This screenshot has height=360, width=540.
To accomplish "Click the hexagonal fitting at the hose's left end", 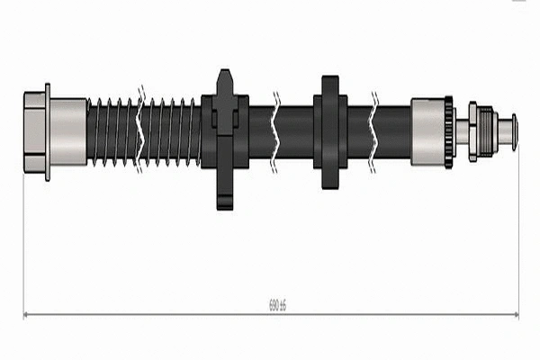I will click(33, 131).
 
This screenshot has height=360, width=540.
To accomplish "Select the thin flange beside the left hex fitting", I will click(48, 131).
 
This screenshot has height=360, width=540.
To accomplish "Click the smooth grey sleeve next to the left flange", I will click(68, 131).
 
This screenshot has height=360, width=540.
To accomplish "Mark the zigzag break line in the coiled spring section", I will click(141, 131).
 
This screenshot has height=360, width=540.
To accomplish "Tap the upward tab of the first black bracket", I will click(225, 82).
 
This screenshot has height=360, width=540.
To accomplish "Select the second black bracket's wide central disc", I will click(330, 131).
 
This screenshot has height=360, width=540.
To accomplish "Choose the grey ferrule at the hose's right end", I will click(427, 131).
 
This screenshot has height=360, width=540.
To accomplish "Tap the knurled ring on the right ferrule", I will click(448, 131).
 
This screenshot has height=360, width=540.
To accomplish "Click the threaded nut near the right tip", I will click(483, 131).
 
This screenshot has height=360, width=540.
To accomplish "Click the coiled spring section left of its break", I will click(112, 131).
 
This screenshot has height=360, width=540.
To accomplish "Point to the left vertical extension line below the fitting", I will click(22, 243).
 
